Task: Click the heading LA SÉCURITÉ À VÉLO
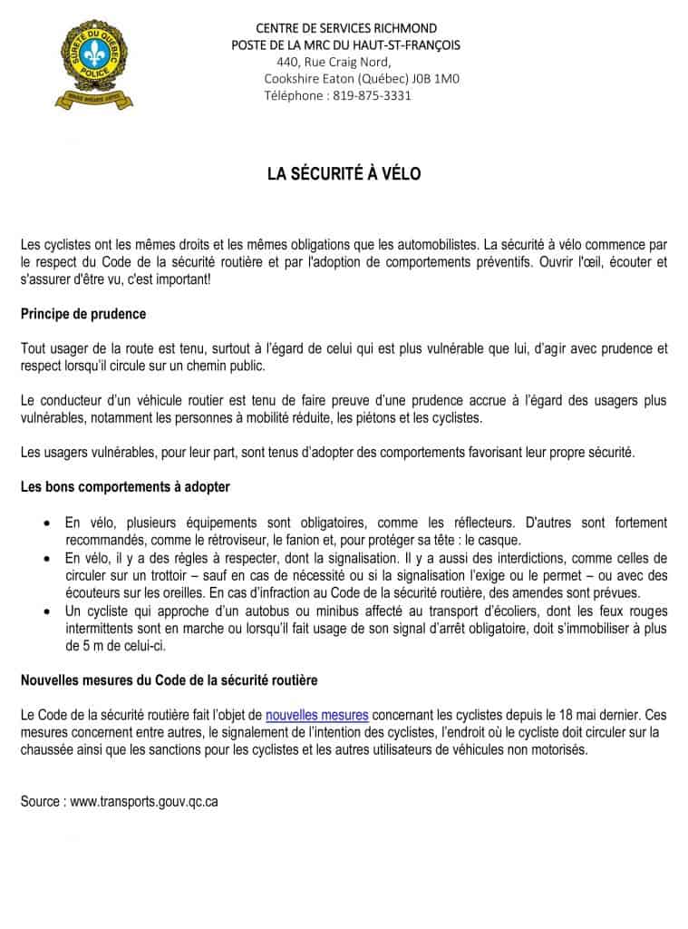344,173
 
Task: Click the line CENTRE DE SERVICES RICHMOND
346,28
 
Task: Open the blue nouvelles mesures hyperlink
316,714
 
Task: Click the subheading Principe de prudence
82,314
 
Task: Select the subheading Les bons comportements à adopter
125,486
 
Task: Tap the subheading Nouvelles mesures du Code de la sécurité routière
169,680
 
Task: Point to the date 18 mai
574,714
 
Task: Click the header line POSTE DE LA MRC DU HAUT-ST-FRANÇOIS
345,45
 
